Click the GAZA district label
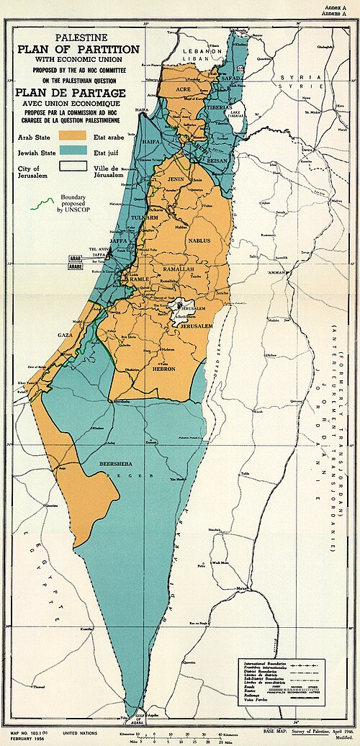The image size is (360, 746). (x=66, y=335)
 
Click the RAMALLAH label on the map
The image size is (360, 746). (x=178, y=268)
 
